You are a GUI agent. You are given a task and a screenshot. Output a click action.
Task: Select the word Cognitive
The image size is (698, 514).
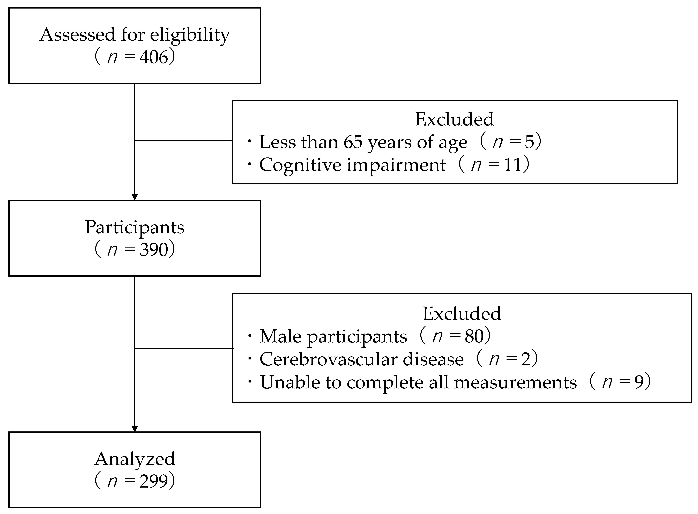point(300,165)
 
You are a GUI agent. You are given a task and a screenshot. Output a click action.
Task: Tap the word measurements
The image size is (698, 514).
point(515,382)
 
